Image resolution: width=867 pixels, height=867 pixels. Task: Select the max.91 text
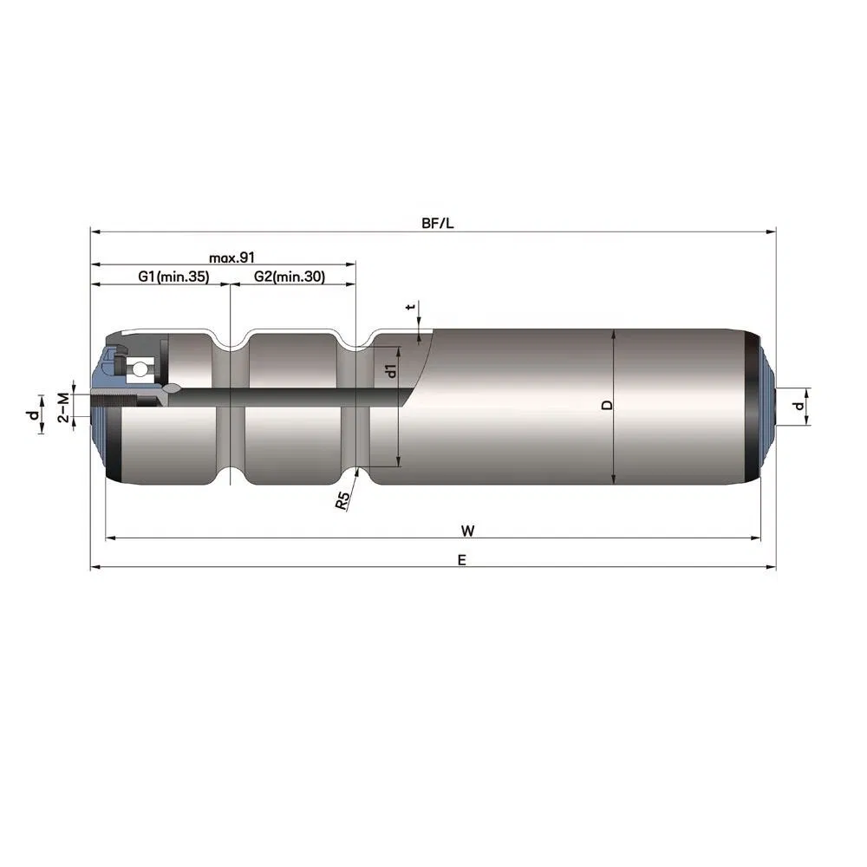(x=231, y=257)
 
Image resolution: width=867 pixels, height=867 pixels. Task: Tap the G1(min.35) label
(x=173, y=277)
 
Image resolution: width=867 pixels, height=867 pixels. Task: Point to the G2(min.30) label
(x=290, y=277)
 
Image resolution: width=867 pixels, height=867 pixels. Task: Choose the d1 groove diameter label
(x=392, y=372)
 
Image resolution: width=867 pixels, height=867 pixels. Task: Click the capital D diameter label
(x=607, y=405)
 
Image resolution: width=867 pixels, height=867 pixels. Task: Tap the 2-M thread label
(x=63, y=406)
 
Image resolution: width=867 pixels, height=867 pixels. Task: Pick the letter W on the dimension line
(x=468, y=529)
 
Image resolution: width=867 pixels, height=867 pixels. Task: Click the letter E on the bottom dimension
(x=462, y=560)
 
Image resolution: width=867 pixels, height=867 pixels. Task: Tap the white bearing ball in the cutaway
(x=139, y=369)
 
